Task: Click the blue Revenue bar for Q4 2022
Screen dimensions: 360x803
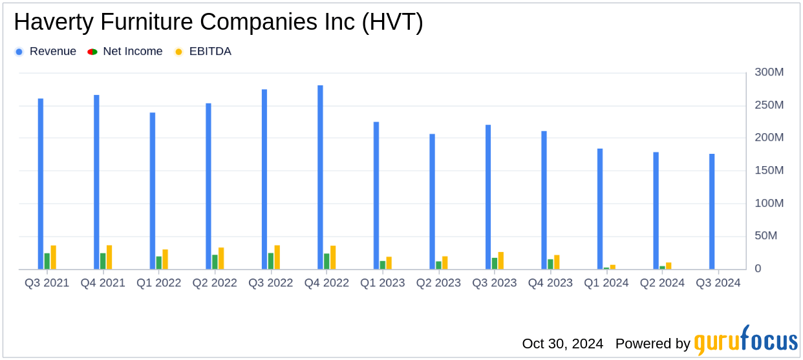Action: pyautogui.click(x=320, y=177)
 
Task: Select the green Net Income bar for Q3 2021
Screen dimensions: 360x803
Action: pyautogui.click(x=47, y=261)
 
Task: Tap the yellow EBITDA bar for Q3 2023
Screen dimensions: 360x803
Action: pyautogui.click(x=501, y=260)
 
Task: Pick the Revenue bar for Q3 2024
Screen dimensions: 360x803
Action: pyautogui.click(x=712, y=211)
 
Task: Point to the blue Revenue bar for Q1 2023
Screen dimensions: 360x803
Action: pyautogui.click(x=376, y=195)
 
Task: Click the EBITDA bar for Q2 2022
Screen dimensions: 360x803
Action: pyautogui.click(x=221, y=259)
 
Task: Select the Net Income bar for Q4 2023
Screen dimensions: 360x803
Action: pyautogui.click(x=550, y=264)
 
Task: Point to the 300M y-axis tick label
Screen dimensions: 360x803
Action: pyautogui.click(x=769, y=72)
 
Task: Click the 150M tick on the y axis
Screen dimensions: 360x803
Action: pyautogui.click(x=769, y=171)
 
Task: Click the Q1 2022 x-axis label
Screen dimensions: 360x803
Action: pyautogui.click(x=158, y=283)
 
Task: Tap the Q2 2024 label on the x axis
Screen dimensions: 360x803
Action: pyautogui.click(x=662, y=283)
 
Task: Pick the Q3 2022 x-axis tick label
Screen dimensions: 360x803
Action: pyautogui.click(x=271, y=283)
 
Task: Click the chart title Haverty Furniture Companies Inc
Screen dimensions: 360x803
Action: pyautogui.click(x=219, y=23)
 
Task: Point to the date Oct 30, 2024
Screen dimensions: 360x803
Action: pyautogui.click(x=562, y=343)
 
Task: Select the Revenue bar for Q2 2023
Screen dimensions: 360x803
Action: pyautogui.click(x=432, y=202)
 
